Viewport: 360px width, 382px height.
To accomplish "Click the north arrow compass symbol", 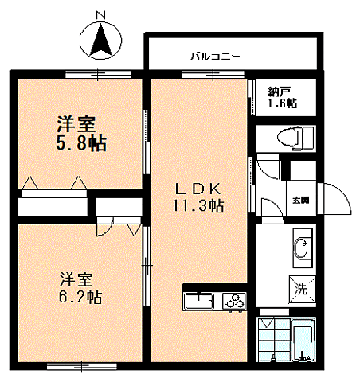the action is pos(100,41).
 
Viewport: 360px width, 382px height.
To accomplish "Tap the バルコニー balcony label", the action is pos(215,57).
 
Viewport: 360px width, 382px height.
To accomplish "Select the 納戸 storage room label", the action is pos(279,92).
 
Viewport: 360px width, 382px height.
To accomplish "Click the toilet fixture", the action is pos(295,138).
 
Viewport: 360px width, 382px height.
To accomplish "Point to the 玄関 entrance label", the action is pos(301,200).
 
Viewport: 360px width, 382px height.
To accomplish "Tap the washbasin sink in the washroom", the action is pos(302,248).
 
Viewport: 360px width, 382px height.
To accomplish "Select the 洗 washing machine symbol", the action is pos(302,289).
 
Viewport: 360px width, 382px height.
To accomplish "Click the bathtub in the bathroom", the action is pos(303,341).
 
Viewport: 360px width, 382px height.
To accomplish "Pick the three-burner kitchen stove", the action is pos(234,302).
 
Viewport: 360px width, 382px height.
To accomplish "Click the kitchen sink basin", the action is pos(200,302).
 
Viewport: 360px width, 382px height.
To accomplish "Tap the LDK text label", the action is pos(198,189).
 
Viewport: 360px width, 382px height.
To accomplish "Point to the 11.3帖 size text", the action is pos(198,205).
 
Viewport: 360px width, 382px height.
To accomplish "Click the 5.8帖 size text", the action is pos(81,143).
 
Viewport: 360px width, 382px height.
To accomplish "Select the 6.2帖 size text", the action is pos(80,297).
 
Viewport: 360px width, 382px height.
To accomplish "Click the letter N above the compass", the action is pos(100,15).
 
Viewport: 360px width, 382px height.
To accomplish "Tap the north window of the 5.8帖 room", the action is pos(98,74).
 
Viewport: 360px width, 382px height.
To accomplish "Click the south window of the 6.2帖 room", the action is pos(82,367).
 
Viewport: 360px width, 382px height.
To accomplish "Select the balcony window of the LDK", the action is pos(213,74).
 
